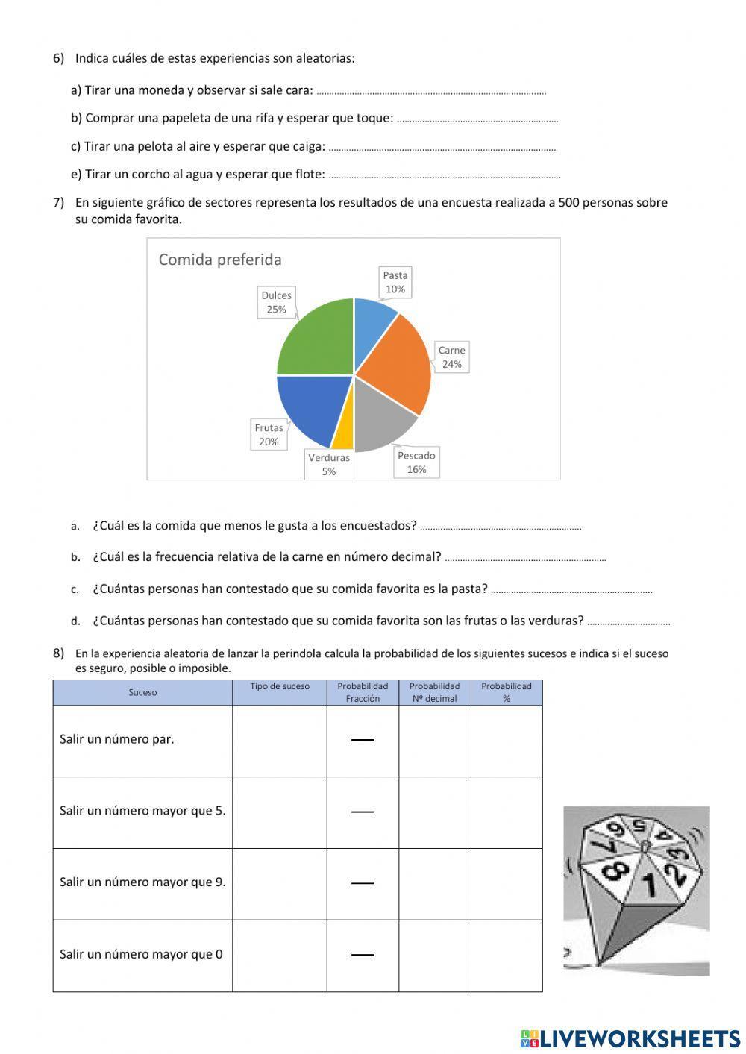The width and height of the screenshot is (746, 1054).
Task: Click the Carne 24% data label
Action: tap(451, 357)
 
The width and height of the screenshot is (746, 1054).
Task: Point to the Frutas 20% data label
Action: tap(269, 435)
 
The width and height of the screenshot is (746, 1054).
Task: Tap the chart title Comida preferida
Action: tap(220, 260)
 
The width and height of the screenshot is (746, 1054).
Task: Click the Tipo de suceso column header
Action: tap(280, 687)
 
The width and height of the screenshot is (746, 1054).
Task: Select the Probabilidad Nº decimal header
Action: tap(434, 692)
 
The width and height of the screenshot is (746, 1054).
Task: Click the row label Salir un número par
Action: tap(117, 740)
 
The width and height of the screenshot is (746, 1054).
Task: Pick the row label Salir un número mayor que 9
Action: tap(142, 882)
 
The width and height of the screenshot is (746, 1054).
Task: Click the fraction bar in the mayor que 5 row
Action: tap(363, 812)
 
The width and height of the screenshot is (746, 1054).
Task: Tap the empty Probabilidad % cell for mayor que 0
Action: tap(507, 955)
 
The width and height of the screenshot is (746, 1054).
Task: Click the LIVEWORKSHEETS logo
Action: tap(630, 1038)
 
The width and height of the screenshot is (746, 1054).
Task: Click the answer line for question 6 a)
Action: tap(431, 92)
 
